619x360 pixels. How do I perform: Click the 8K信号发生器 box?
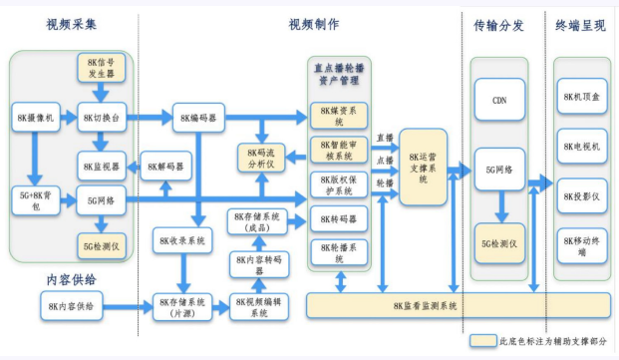tap(101, 69)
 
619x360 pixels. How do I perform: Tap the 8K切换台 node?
tap(101, 118)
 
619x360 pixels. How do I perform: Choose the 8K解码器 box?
tap(166, 165)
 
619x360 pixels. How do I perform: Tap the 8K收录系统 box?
tap(182, 240)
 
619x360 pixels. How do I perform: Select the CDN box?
tap(499, 101)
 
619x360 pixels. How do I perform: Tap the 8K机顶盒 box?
tap(581, 95)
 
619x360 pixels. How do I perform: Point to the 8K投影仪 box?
tap(581, 195)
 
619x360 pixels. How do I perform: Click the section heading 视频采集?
tap(73, 23)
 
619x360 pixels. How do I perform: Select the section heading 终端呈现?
tap(579, 24)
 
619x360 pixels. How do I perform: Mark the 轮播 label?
tap(385, 183)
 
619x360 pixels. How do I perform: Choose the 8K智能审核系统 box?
tap(339, 150)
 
